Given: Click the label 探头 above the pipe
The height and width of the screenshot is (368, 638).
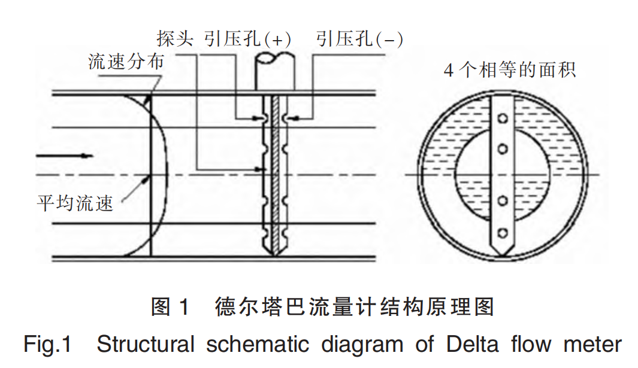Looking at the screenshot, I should click(175, 39).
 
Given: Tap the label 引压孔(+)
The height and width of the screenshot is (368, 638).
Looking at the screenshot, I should click(247, 39).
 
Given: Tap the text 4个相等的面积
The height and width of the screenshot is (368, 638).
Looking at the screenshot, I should click(509, 71).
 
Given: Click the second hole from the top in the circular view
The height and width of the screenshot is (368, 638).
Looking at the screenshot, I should click(504, 147).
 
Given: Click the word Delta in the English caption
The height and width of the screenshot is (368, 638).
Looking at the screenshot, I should click(473, 345).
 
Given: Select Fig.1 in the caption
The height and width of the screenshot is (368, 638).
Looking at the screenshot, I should click(48, 345).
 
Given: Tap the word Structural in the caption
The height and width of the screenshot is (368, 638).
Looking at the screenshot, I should click(146, 345).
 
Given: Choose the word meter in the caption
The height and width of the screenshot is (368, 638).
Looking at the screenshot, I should click(592, 345).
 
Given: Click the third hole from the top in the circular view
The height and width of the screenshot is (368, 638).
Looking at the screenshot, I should click(504, 200).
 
